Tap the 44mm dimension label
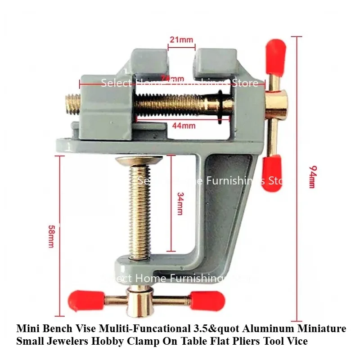tap(182, 126)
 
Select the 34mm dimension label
tap(180, 205)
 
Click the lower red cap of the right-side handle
tap(273, 167)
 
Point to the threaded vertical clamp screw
tap(138, 211)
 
